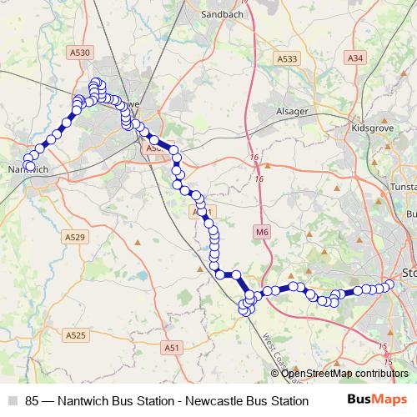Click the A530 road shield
79,53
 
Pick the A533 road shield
286,58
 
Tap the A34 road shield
355,58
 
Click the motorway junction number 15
383,346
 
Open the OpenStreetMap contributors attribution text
344,373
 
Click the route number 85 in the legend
33,400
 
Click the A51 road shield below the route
172,348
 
